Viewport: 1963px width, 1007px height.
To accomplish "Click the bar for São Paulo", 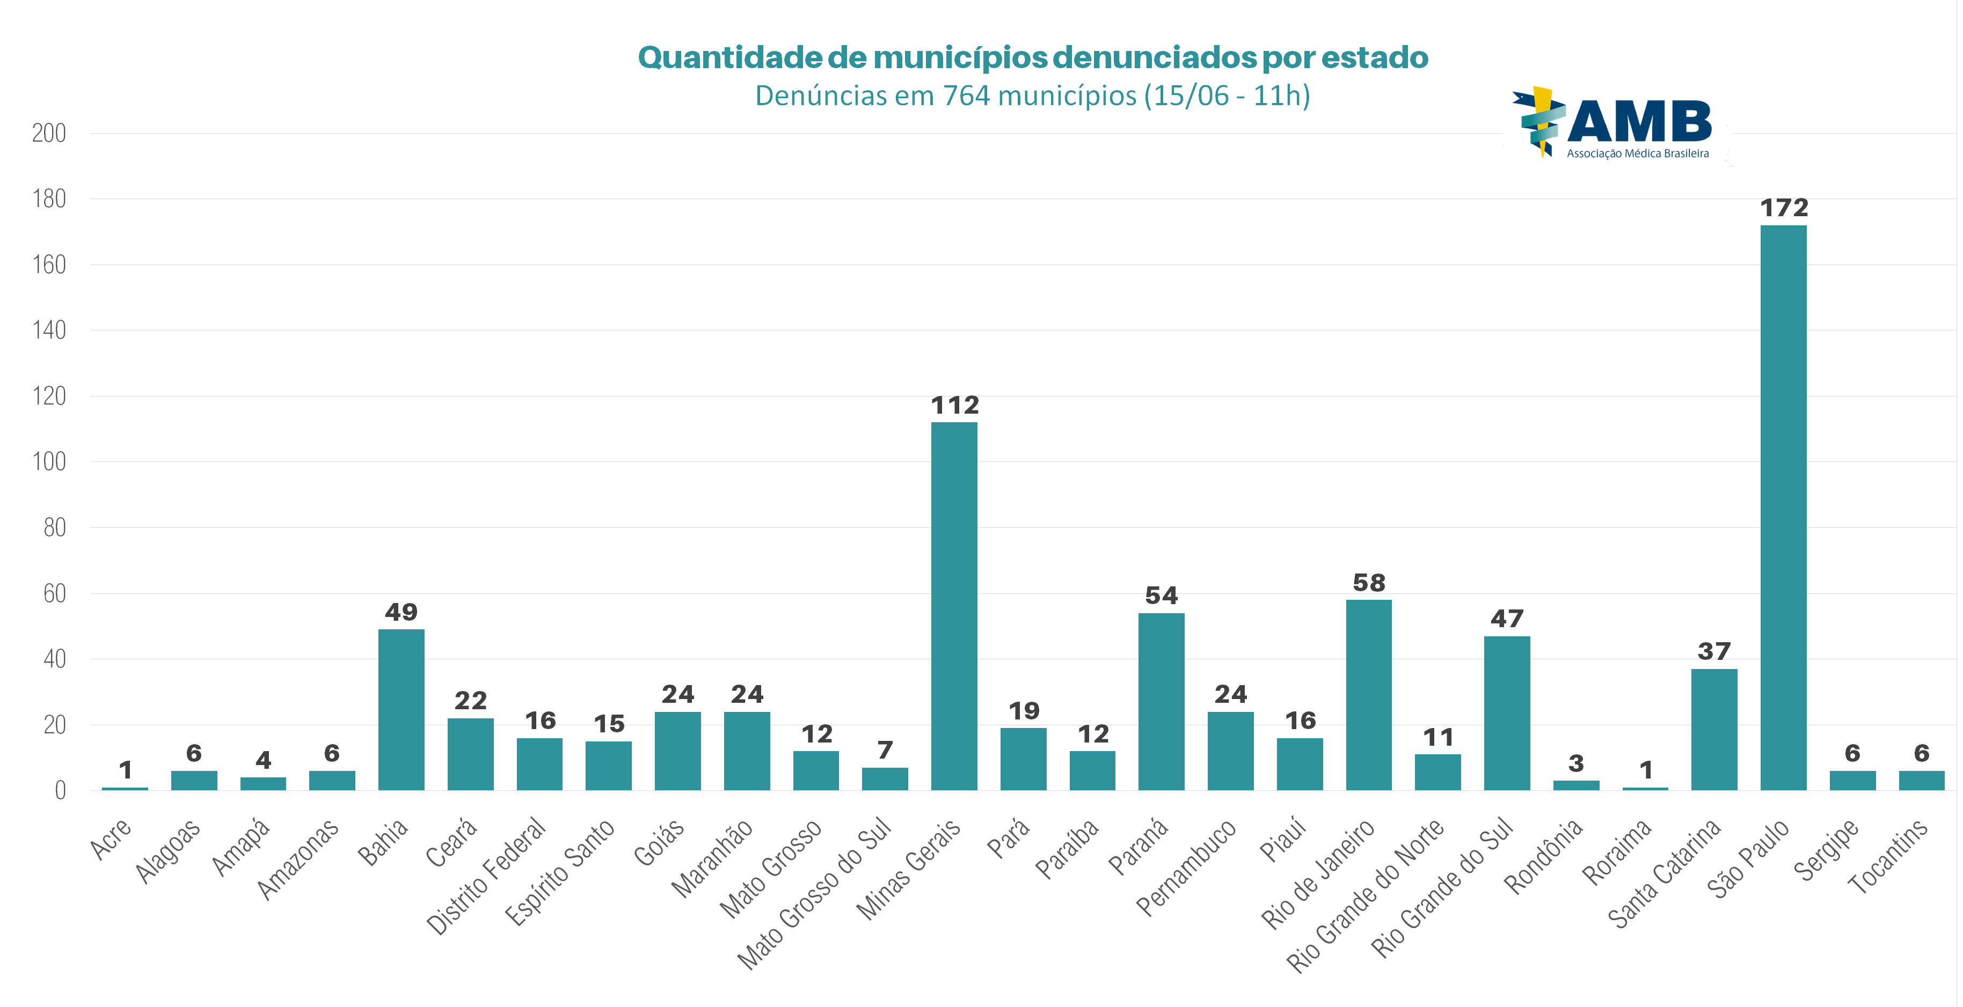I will [1783, 508].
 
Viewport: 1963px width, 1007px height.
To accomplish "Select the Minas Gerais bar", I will [954, 606].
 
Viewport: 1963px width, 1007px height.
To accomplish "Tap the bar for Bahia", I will [401, 709].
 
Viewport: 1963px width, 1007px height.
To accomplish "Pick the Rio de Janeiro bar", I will [1369, 695].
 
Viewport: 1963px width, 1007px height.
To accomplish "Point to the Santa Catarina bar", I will [1714, 729].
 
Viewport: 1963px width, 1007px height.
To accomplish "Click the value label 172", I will [1784, 208].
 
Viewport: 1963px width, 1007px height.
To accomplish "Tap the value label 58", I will [1369, 583].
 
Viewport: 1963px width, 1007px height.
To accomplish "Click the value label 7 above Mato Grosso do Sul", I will [885, 751].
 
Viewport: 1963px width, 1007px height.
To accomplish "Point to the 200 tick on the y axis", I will [49, 133].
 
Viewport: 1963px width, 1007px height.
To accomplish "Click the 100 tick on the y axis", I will [49, 461].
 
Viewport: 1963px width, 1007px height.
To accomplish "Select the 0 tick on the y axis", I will [60, 791].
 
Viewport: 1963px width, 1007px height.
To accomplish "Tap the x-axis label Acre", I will [111, 838].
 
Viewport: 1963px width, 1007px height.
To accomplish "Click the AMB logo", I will [1616, 123].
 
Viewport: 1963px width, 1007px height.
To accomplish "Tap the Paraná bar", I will [1162, 701].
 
